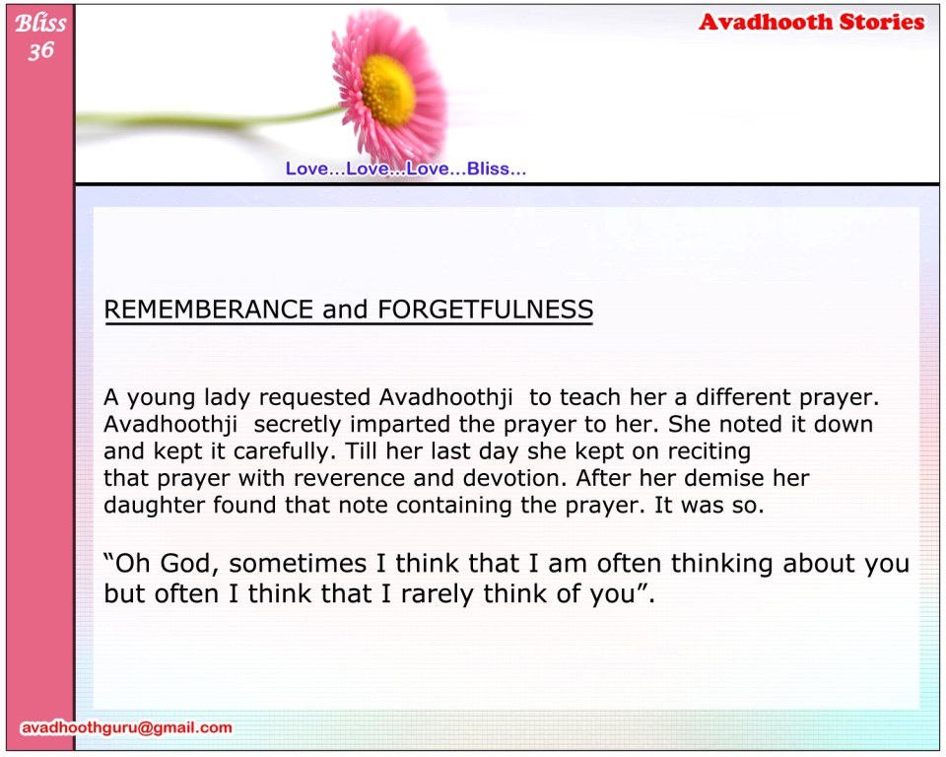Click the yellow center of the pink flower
388,90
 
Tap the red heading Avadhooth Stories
811,23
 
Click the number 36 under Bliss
41,50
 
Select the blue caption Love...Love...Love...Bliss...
405,169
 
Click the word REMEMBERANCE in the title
209,310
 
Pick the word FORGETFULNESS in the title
485,310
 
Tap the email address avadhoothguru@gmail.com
127,727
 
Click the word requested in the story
314,398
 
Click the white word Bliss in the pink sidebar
40,23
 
